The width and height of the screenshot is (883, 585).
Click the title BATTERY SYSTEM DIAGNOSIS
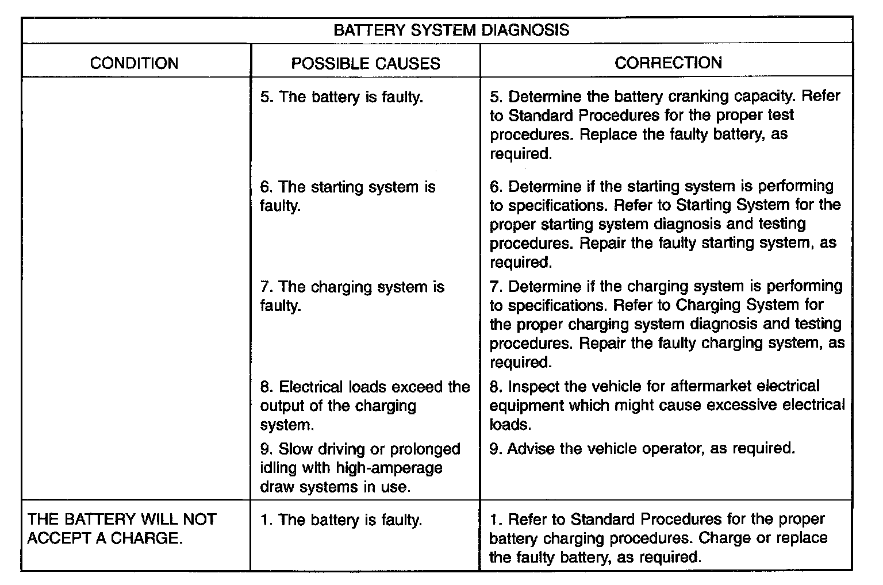point(451,30)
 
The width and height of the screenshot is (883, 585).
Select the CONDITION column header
point(134,63)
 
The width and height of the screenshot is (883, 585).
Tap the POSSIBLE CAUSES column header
point(365,63)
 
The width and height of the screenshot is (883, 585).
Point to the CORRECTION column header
point(668,63)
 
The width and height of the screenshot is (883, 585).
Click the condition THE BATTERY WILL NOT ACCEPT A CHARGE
point(122,529)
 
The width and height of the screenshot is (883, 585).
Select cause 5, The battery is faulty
point(341,97)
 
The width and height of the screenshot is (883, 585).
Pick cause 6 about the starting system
point(347,196)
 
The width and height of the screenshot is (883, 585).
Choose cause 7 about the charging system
point(352,296)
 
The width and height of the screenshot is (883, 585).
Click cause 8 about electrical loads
point(364,406)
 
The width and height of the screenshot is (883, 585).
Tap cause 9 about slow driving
point(360,468)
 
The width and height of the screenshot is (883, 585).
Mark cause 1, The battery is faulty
point(341,520)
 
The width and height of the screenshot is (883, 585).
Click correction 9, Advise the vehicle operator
point(642,448)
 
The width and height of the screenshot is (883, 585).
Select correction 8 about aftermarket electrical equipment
point(667,405)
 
